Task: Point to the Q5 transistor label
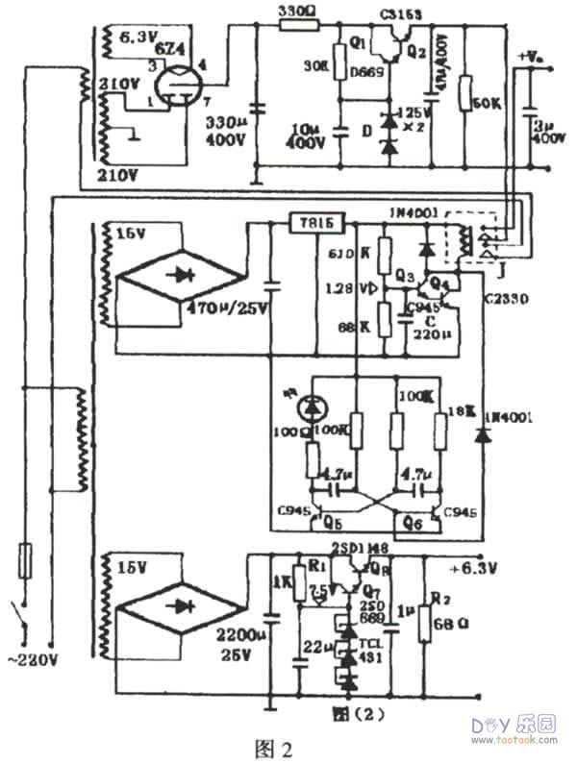tap(332, 525)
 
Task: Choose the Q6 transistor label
tap(414, 525)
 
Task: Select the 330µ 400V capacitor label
tap(229, 133)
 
